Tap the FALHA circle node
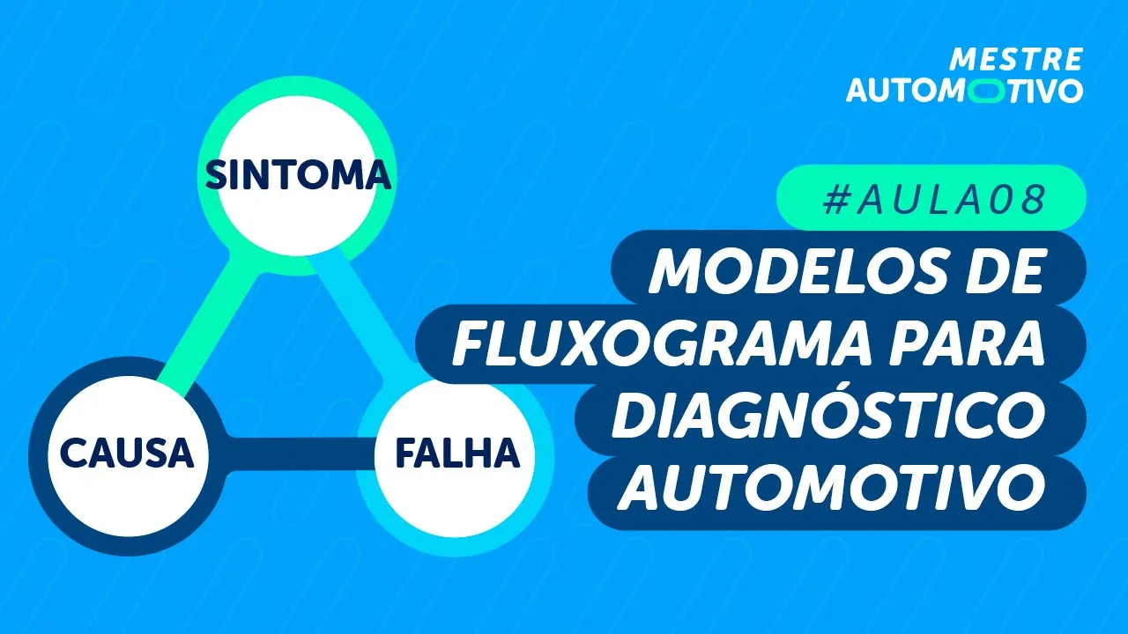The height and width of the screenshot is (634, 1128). (x=456, y=454)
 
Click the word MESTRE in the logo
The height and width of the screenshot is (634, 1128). (x=1015, y=60)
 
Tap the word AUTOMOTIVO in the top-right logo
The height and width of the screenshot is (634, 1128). (x=964, y=91)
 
